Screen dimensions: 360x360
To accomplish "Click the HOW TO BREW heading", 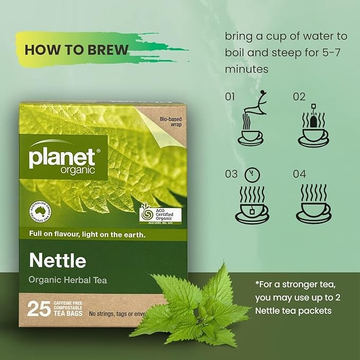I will (x=76, y=50).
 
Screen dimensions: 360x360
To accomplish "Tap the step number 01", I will (x=230, y=96).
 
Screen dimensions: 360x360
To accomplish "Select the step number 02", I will (x=299, y=96).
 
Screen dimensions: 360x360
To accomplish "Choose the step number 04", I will (x=299, y=174).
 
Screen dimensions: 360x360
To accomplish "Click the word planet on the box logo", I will (x=62, y=157).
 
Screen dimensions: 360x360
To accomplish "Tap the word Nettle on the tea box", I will (x=58, y=261).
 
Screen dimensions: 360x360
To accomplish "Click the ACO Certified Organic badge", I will (x=160, y=215).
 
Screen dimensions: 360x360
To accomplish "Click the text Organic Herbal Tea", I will (x=68, y=280).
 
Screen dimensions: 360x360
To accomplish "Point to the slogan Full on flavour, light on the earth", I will (x=87, y=234).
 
